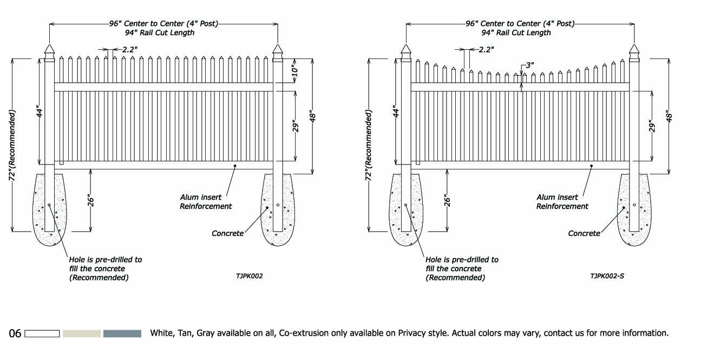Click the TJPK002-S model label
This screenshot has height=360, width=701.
[x=607, y=276]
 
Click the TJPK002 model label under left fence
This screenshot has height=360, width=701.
[x=250, y=276]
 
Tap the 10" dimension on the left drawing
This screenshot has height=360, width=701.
[x=294, y=71]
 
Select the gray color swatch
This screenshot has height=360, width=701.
[x=122, y=333]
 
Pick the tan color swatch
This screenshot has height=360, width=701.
[x=82, y=333]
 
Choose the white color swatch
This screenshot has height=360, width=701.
[x=42, y=333]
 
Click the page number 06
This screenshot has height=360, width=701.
[x=15, y=333]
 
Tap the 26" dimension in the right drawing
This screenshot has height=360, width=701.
[x=448, y=201]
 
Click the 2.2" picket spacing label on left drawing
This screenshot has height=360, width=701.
[x=129, y=49]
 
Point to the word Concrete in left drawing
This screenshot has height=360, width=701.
[x=227, y=233]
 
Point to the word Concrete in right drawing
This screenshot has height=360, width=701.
[x=584, y=233]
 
